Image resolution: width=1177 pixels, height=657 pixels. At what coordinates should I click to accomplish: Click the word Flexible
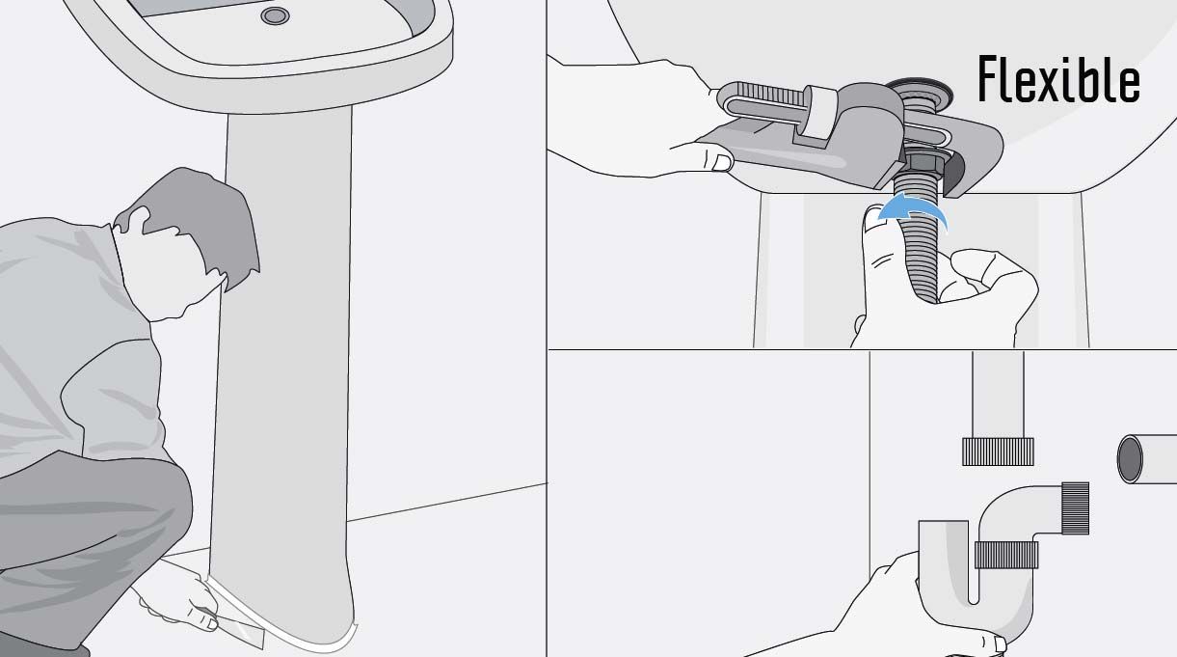[1058, 79]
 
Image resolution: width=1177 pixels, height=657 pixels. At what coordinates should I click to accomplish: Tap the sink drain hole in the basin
[275, 15]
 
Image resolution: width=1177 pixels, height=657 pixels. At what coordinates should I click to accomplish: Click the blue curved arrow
[913, 211]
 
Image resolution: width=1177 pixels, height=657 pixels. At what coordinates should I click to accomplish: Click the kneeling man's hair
[200, 221]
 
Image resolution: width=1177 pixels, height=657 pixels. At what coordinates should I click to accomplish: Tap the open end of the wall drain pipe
[1130, 458]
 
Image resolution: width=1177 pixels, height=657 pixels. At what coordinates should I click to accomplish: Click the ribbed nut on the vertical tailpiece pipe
[998, 452]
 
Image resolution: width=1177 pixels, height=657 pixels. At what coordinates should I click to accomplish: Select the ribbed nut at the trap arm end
[1075, 508]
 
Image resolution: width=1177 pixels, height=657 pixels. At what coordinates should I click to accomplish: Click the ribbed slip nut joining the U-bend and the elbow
[1006, 554]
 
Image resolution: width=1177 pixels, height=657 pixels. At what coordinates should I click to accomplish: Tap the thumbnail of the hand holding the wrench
[722, 162]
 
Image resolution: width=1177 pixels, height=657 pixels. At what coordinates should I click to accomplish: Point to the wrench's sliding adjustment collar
[817, 113]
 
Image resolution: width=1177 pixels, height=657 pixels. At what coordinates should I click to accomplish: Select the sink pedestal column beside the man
[283, 369]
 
